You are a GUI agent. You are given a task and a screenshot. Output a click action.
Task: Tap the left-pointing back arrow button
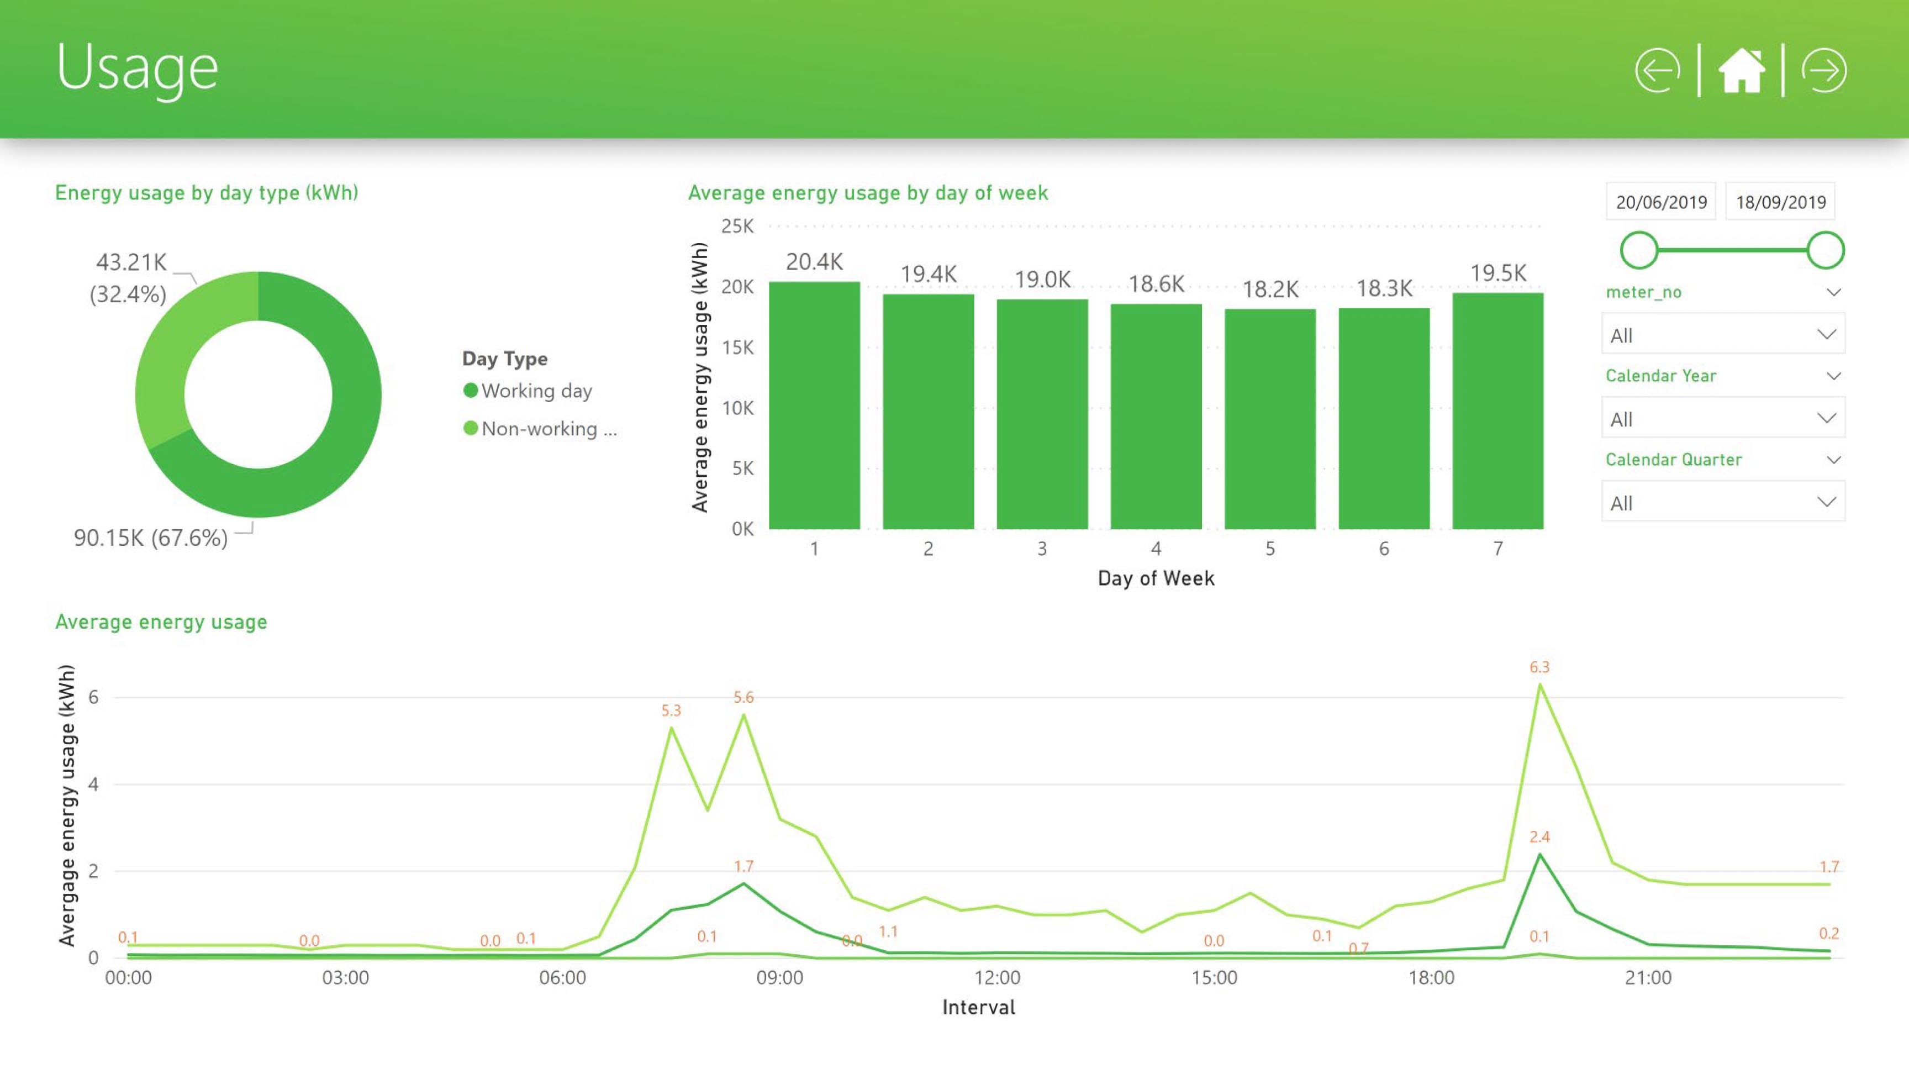click(1657, 71)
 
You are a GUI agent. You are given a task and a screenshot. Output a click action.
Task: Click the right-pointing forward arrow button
click(1824, 71)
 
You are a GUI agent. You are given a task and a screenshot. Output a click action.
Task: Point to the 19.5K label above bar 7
click(1497, 273)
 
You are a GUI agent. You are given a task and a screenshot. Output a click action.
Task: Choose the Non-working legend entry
click(540, 428)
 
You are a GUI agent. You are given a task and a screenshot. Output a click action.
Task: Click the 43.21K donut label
click(131, 262)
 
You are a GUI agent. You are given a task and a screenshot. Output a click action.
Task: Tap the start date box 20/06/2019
click(1661, 202)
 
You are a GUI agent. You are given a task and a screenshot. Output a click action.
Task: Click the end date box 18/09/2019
click(1780, 202)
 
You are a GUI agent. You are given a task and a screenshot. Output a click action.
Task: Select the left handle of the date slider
click(1638, 250)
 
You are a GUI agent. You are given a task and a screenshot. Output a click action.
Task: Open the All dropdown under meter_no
click(1722, 335)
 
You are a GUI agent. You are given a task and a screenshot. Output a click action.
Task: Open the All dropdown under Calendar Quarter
click(1722, 503)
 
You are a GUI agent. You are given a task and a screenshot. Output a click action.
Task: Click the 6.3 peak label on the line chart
click(1539, 667)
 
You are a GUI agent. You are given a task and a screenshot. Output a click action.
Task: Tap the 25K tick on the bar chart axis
click(737, 226)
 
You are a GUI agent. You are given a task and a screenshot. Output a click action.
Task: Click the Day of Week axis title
click(1156, 578)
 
